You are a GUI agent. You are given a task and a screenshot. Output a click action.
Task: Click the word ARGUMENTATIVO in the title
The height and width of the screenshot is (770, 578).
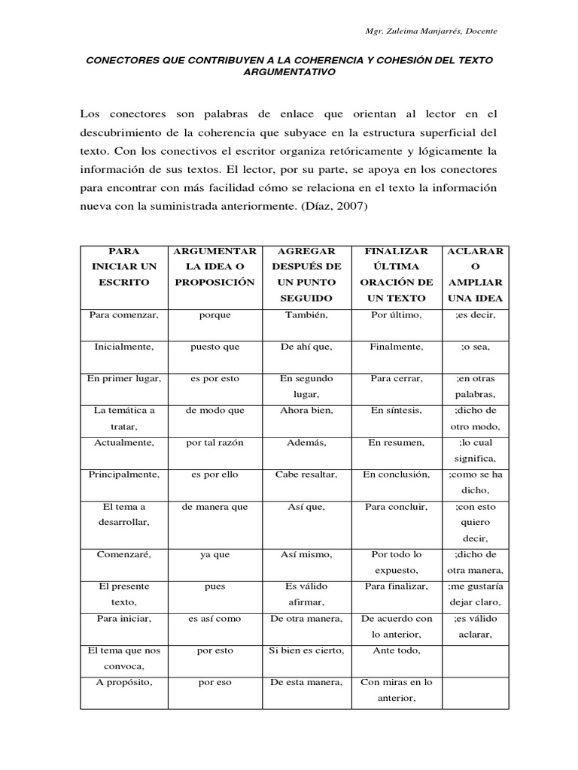[289, 72]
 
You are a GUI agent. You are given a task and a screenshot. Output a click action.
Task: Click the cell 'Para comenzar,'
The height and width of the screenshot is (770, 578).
[123, 314]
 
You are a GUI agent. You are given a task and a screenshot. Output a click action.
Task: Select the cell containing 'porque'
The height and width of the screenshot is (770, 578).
[214, 314]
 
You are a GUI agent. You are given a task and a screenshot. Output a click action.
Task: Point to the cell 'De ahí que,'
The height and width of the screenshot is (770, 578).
[306, 347]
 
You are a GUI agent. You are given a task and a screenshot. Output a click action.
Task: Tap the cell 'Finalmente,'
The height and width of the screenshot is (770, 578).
[396, 347]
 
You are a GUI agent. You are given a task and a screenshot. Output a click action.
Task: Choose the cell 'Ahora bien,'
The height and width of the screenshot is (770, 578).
[306, 411]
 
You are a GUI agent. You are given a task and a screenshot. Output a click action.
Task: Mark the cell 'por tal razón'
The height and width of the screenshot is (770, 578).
[214, 443]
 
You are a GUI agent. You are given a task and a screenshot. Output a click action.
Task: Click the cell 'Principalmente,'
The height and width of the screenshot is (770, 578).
[123, 474]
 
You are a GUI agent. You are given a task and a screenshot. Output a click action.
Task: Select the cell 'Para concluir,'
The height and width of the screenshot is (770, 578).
[396, 507]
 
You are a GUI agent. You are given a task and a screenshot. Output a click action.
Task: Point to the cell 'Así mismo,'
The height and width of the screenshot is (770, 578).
[306, 554]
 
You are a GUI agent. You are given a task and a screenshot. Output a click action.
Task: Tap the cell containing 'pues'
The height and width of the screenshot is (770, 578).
[214, 587]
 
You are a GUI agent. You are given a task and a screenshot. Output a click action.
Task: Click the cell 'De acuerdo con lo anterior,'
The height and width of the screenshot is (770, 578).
[396, 626]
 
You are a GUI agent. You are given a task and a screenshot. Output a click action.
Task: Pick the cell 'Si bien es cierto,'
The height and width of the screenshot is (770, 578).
[306, 650]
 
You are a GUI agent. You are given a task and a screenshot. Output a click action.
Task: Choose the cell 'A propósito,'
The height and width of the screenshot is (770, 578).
[123, 682]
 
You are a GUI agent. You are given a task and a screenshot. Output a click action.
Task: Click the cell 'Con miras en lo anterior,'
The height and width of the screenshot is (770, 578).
[396, 690]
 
